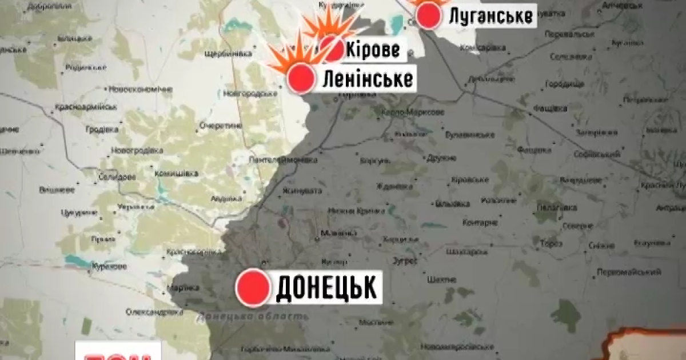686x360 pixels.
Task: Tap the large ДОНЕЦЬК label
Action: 326,287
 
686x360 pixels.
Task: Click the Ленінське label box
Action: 367,79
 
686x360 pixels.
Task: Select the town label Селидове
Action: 118,177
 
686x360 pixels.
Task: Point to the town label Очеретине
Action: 220,125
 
